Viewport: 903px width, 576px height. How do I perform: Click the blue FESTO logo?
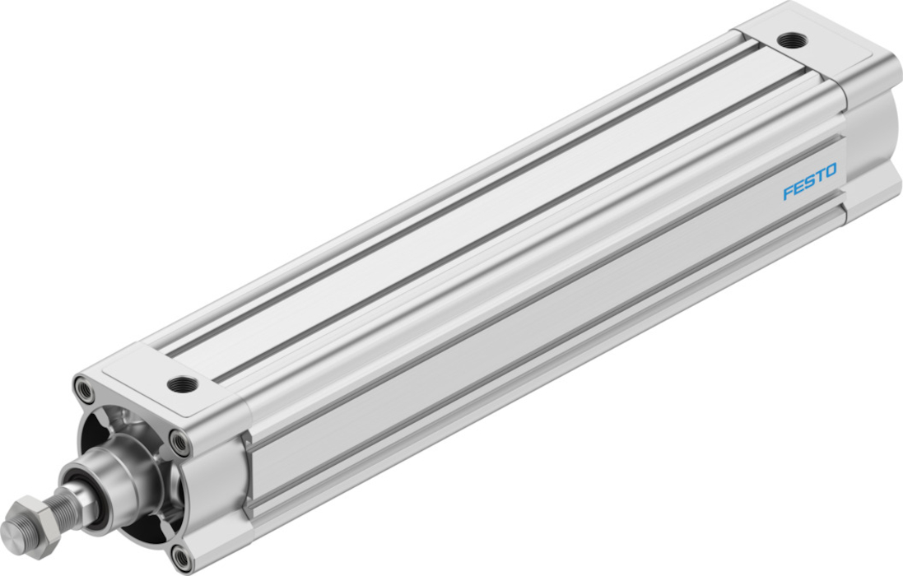point(810,181)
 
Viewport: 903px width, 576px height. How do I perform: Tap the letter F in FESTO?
point(788,193)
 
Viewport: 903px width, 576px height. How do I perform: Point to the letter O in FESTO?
point(831,171)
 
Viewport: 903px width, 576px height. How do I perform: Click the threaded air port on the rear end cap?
point(792,40)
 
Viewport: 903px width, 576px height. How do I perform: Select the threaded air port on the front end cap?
point(182,383)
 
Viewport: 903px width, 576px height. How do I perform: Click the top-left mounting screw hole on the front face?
point(85,390)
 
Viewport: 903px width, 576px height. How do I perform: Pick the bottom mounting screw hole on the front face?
point(182,557)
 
